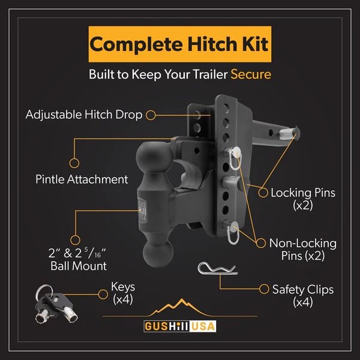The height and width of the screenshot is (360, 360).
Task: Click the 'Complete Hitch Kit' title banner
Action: click(x=179, y=44)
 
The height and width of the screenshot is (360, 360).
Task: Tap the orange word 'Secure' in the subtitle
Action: click(x=251, y=75)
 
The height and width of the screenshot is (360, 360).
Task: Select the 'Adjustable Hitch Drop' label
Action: click(x=84, y=114)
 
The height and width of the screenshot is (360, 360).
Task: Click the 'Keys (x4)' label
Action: click(x=124, y=292)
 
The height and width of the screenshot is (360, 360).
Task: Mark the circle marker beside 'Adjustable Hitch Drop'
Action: click(x=152, y=114)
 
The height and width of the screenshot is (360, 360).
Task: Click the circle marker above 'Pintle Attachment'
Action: click(x=74, y=163)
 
